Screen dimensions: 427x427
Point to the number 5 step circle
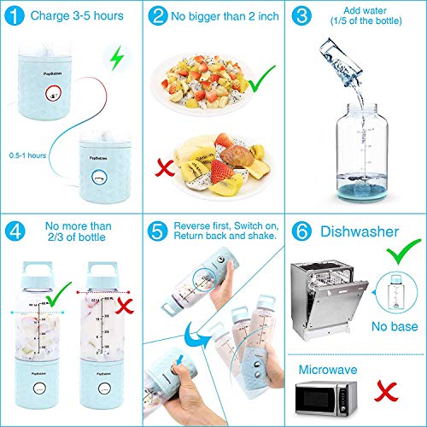coord(156,232)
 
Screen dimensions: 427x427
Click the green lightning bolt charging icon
coord(117,58)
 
